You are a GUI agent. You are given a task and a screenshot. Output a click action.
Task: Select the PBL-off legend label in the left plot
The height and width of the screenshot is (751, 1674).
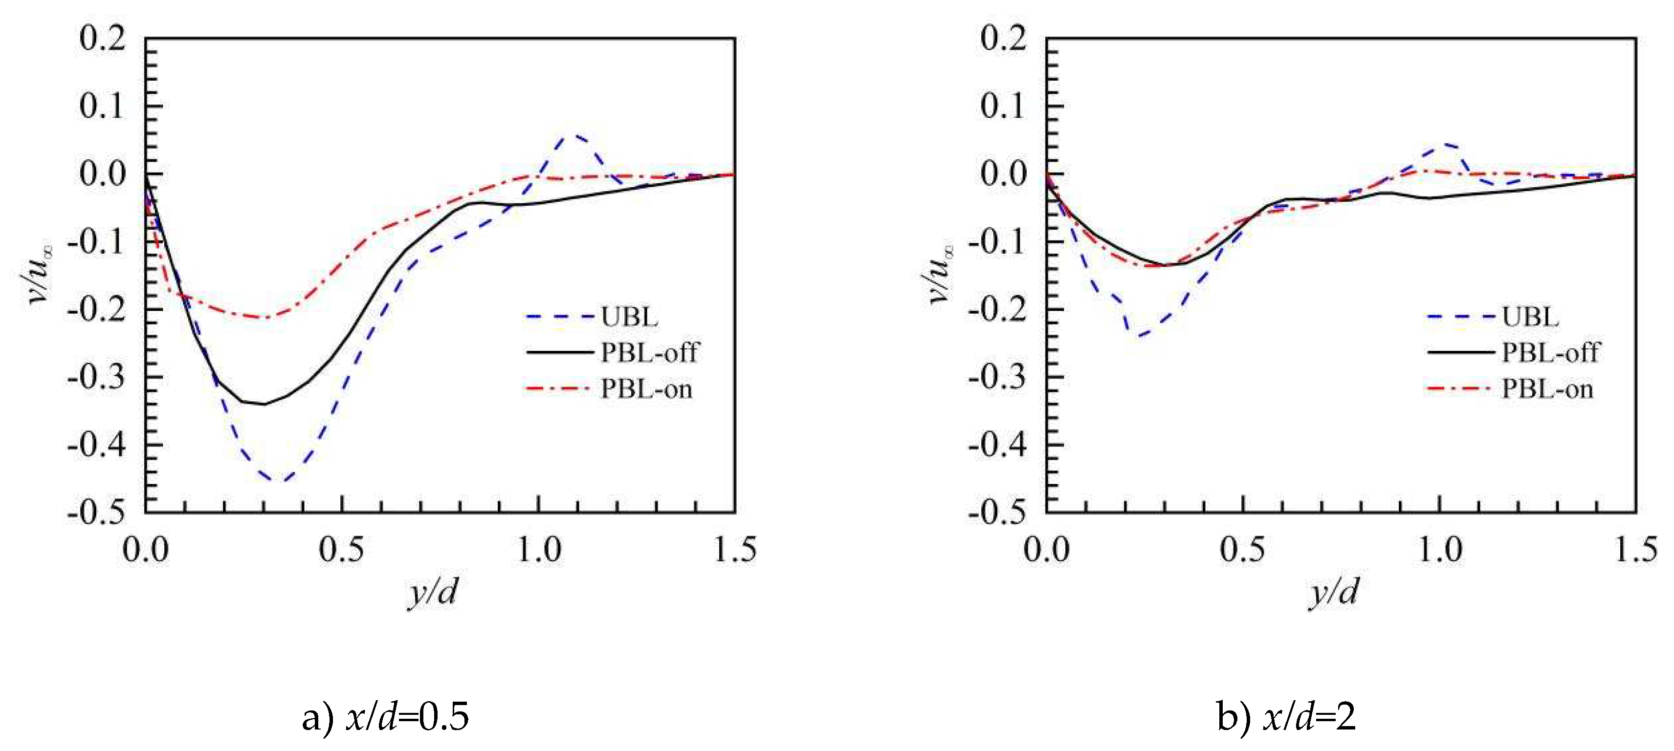pyautogui.click(x=649, y=353)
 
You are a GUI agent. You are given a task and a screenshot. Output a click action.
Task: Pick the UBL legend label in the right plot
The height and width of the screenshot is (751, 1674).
pyautogui.click(x=1530, y=317)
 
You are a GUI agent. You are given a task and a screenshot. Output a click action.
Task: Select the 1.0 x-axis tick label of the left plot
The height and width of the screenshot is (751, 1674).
pyautogui.click(x=538, y=550)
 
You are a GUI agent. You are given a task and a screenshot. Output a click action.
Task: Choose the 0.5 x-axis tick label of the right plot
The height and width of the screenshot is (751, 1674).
pyautogui.click(x=1242, y=550)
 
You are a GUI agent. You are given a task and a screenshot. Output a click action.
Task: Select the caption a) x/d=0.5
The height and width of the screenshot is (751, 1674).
pyautogui.click(x=385, y=718)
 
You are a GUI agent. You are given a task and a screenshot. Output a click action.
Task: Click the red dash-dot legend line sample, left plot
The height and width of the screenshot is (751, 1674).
pyautogui.click(x=557, y=389)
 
